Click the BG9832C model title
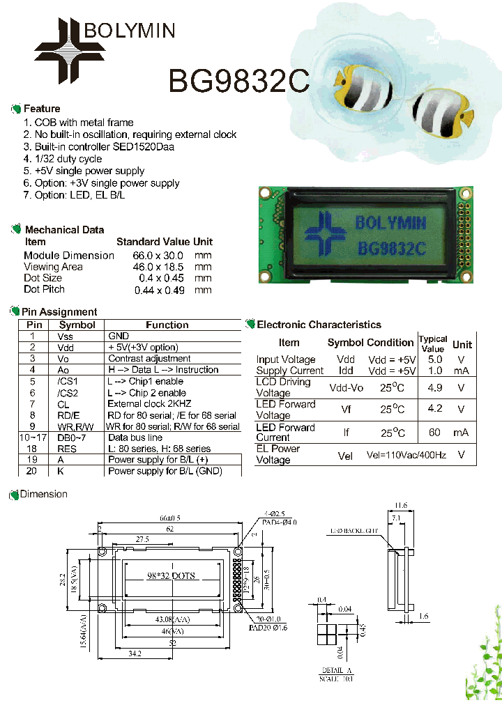point(238,81)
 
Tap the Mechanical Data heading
point(64,230)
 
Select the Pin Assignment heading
point(59,312)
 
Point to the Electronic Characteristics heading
point(319,325)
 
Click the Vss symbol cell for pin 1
point(65,336)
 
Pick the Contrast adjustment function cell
point(149,359)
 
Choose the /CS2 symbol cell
point(68,393)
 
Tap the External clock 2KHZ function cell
point(149,404)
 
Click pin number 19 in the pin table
point(32,460)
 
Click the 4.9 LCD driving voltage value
point(434,387)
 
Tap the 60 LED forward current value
point(434,433)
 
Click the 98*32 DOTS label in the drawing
point(171,575)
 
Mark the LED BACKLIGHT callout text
point(354,531)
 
